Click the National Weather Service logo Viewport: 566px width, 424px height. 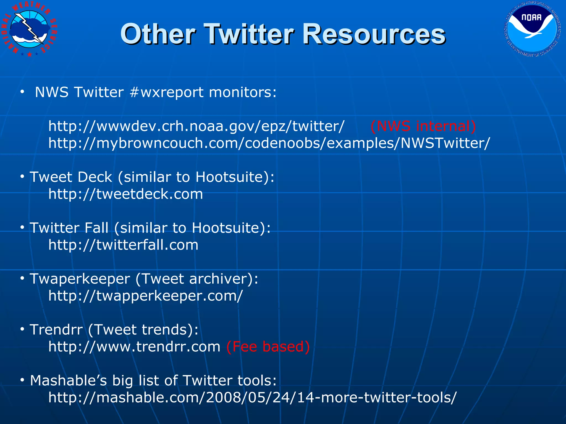coord(30,30)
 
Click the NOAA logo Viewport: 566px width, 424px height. coord(532,30)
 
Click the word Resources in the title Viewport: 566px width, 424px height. coord(374,34)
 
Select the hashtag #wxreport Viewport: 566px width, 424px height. coord(167,92)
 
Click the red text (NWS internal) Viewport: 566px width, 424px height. coord(423,126)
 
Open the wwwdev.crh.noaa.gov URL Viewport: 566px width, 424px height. coord(196,126)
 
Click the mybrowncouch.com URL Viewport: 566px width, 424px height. coord(269,143)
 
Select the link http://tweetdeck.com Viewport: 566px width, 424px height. coord(125,194)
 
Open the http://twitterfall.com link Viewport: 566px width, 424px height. coord(123,245)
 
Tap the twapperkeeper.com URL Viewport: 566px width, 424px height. coord(145,296)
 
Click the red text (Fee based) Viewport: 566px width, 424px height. coord(268,347)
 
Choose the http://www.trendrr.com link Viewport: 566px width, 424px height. coord(134,347)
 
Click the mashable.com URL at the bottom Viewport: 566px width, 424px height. coord(252,398)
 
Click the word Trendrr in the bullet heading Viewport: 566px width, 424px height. coord(56,330)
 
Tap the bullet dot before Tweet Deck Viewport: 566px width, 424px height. coord(22,177)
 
